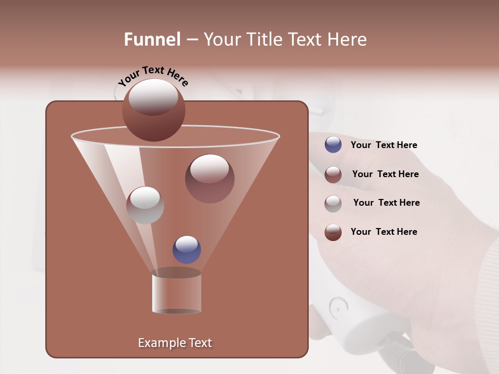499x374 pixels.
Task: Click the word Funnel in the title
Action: (x=152, y=39)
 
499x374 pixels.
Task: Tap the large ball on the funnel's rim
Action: (x=153, y=110)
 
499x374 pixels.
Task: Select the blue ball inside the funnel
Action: (x=187, y=249)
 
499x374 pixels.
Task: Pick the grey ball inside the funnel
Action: (x=145, y=205)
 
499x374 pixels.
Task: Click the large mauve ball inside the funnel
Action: (x=209, y=179)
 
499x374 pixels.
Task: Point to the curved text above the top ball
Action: (x=153, y=76)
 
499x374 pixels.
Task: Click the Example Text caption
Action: (x=175, y=343)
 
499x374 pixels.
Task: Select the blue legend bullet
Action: (x=333, y=145)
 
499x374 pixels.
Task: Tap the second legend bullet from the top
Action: (x=333, y=175)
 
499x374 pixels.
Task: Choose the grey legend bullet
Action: (x=333, y=203)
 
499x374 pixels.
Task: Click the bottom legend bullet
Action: (x=333, y=232)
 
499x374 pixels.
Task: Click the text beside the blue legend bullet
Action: (x=384, y=145)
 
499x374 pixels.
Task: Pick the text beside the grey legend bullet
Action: (x=386, y=203)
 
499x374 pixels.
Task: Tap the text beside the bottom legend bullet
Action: (x=384, y=232)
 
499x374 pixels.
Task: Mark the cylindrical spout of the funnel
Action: (x=176, y=292)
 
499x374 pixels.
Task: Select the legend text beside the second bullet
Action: (x=385, y=174)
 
